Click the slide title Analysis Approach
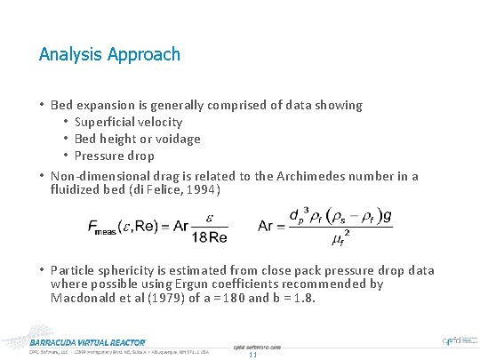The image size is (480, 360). (x=109, y=54)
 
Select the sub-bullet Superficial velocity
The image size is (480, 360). (x=129, y=122)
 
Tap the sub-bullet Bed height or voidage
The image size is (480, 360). (x=138, y=139)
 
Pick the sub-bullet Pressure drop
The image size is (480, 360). (x=115, y=156)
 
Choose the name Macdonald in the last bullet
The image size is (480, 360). (x=85, y=299)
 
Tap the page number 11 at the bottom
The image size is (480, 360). (x=252, y=354)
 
